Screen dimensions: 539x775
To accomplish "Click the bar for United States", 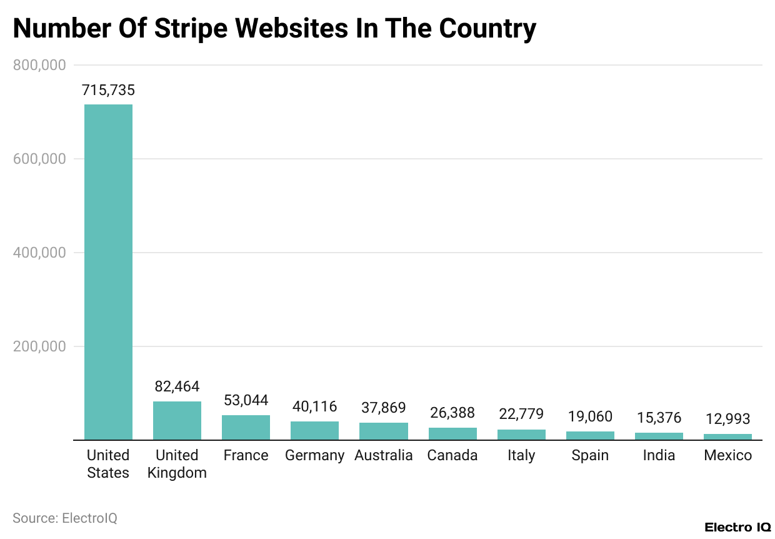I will pos(108,272).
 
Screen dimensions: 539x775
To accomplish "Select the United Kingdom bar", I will pos(177,421).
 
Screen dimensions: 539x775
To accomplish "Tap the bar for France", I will pos(246,428).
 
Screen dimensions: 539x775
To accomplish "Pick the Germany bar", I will pos(314,431).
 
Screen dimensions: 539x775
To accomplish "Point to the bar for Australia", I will pos(383,431).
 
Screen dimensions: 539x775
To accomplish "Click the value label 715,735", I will pos(108,91).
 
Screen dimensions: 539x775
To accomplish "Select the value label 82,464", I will pos(177,386).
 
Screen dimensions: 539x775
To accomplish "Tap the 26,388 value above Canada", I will pos(452,413).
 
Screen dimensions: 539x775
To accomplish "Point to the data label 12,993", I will pos(727,419).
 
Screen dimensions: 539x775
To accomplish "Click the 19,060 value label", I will pos(590,416).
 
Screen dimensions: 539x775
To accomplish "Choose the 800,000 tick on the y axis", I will pos(39,65).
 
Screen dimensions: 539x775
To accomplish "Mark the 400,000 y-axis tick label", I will pos(39,253).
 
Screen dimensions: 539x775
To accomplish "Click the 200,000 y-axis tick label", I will pos(39,346).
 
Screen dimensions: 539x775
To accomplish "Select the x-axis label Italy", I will pos(521,456).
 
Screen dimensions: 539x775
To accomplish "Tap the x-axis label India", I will pos(659,456).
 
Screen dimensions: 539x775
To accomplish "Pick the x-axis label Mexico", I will pos(727,456).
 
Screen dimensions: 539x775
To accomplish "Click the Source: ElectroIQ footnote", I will pos(65,518).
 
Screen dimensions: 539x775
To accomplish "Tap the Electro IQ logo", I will pos(737,527).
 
